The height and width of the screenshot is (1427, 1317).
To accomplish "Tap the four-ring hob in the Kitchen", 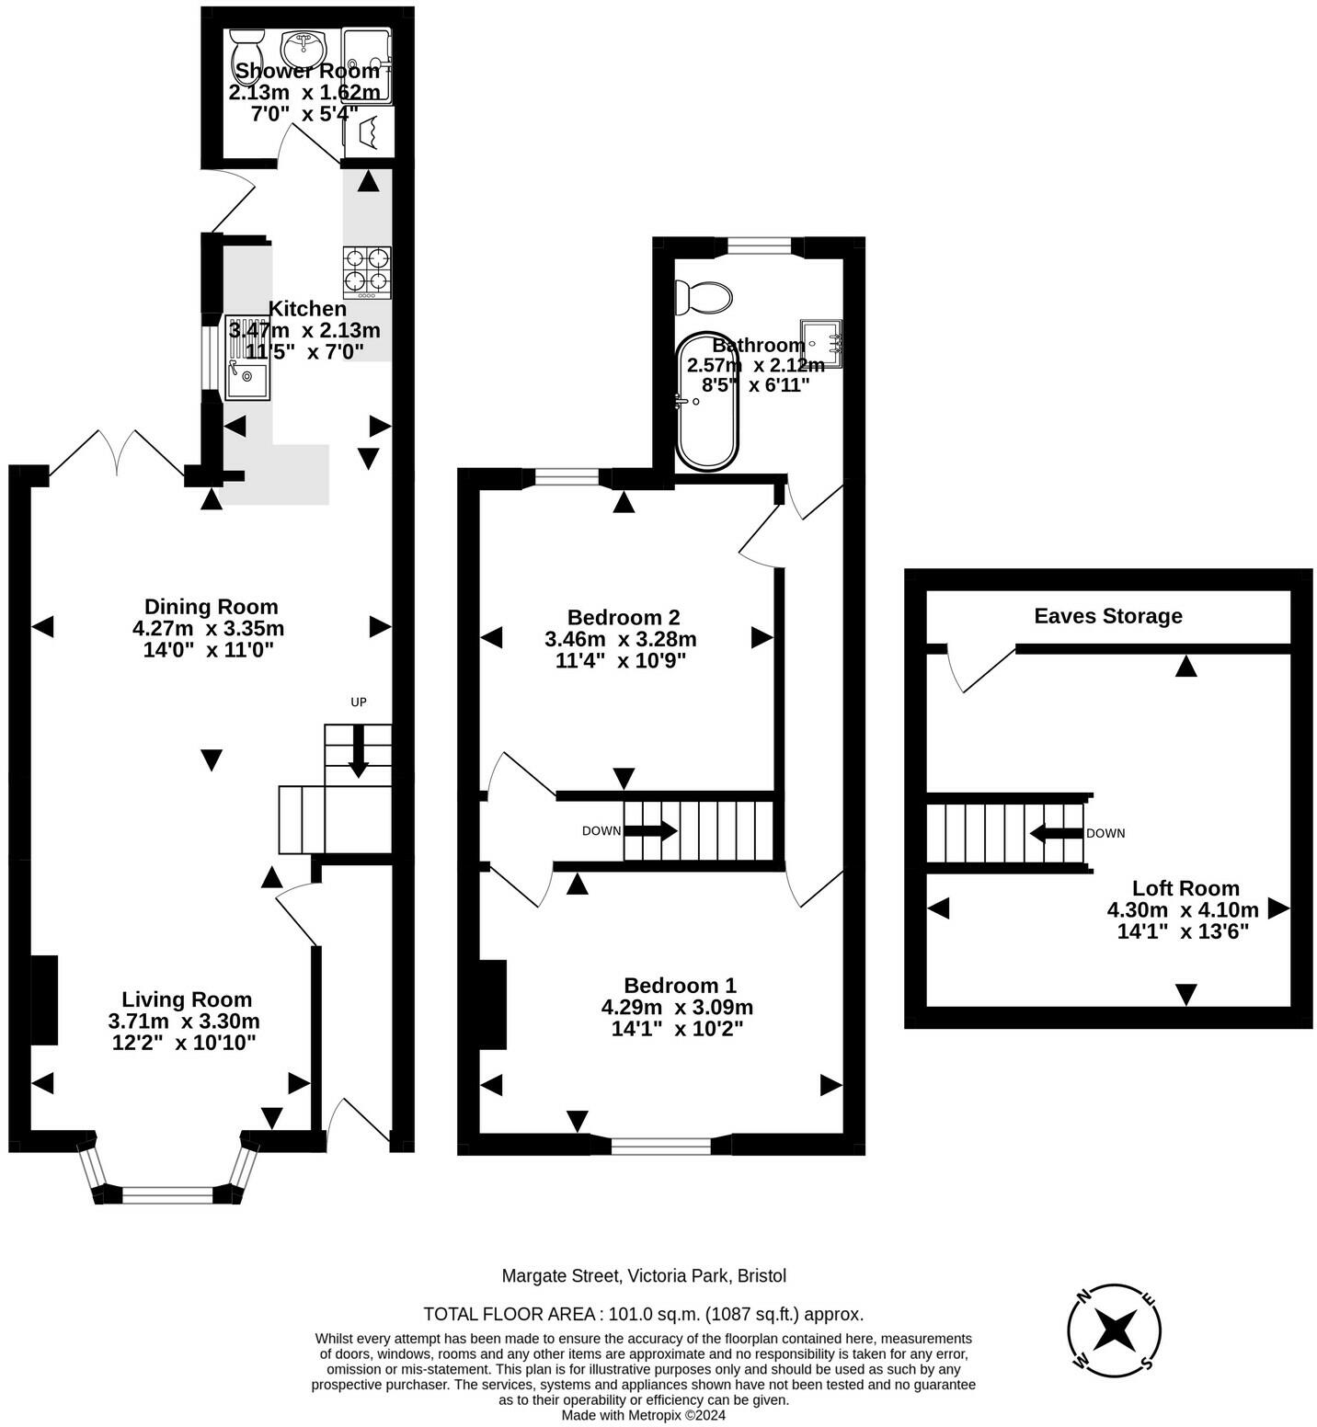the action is point(367,272).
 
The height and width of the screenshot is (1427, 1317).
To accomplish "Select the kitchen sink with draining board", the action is point(247,357).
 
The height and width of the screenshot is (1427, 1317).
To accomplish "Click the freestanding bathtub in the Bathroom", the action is point(707,402).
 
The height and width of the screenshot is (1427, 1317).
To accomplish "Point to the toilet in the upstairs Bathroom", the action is point(704,298).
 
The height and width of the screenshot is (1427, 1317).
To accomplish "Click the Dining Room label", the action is point(211,607).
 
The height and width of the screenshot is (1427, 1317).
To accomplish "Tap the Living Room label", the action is point(187,999).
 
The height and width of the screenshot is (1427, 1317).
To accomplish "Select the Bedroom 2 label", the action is point(624,617).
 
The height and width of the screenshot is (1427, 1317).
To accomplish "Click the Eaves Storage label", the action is point(1108,616).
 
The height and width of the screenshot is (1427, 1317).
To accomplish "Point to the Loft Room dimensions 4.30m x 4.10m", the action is point(1183,910).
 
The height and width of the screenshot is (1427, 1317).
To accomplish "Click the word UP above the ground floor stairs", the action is point(359,702).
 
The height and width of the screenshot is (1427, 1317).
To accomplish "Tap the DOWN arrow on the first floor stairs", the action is point(651,831).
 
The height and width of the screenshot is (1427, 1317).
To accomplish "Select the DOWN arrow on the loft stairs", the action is point(1056,834).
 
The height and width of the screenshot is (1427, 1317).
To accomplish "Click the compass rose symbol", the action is point(1115,1330).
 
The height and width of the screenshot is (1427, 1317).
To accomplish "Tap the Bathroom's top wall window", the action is point(759,245).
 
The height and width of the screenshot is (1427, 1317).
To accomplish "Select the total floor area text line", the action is point(643,1314).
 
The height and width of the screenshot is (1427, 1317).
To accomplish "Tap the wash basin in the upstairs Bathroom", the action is point(820,344).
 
